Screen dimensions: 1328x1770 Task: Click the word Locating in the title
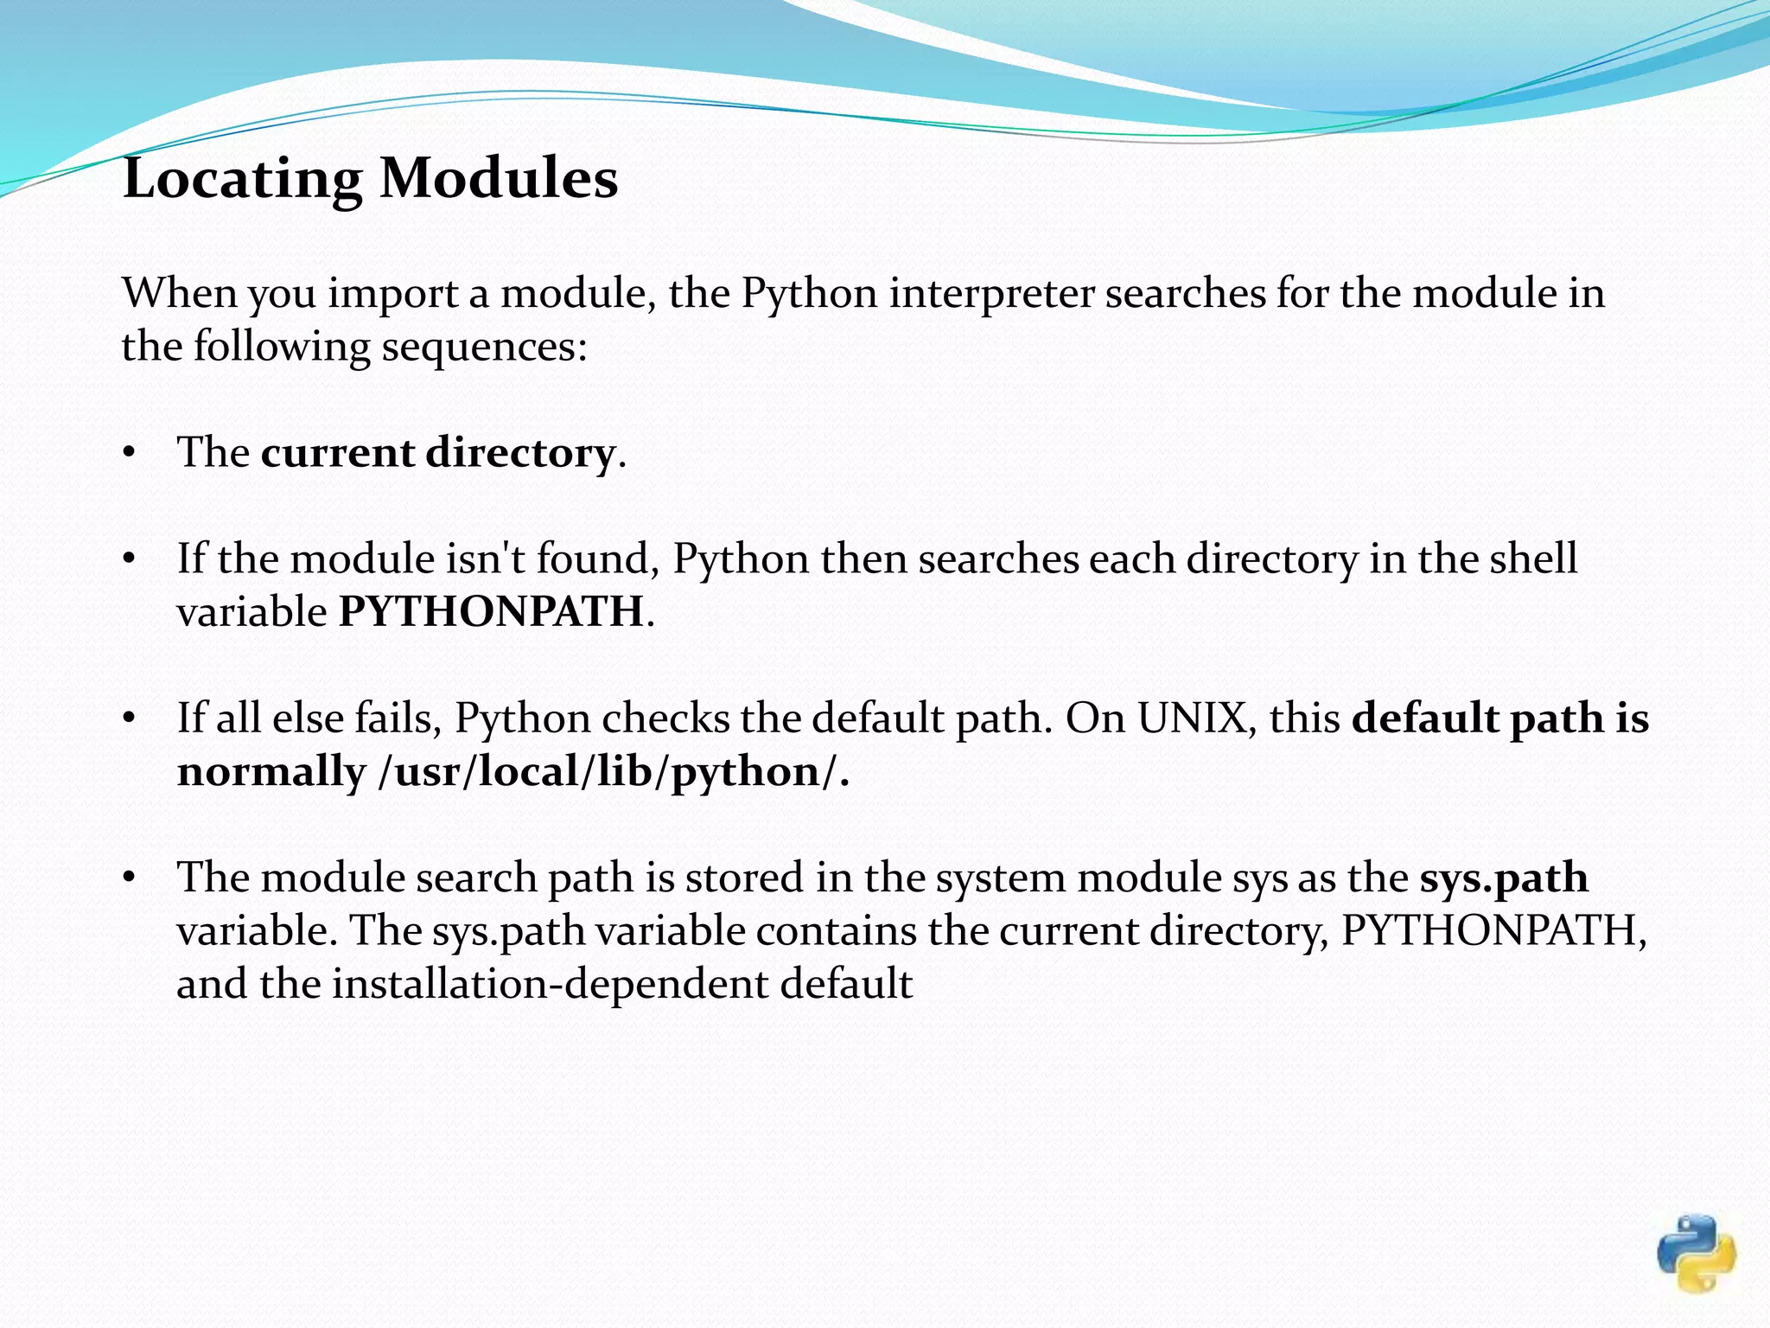tap(243, 179)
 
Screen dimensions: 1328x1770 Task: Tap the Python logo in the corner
tap(1696, 1254)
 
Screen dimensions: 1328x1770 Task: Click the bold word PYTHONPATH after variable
tap(491, 612)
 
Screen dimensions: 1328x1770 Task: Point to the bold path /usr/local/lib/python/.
tap(614, 771)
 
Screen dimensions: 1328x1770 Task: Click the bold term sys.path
tap(1504, 878)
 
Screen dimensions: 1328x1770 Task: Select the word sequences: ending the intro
tap(485, 347)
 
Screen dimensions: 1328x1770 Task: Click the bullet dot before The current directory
tap(130, 453)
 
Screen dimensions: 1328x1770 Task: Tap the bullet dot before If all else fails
tap(130, 718)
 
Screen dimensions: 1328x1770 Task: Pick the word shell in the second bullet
tap(1534, 559)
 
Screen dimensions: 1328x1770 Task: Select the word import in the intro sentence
tap(393, 294)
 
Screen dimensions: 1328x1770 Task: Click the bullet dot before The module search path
tap(130, 878)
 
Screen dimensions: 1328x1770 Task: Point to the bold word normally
tap(271, 772)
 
